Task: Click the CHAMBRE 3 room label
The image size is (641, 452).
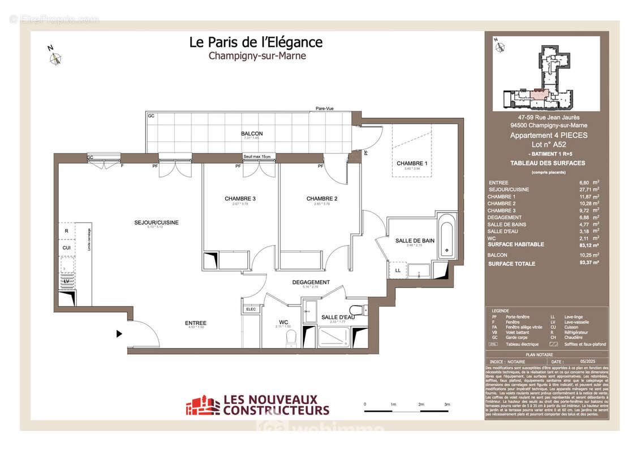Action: pos(240,198)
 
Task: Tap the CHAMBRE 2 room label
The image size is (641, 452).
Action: pos(322,198)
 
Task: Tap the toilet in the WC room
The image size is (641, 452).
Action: pos(291,337)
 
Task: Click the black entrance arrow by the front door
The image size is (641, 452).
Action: pos(119,334)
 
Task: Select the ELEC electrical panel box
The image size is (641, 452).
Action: pos(251,309)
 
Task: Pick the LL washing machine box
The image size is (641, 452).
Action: pos(398,271)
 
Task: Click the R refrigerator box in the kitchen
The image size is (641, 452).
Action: pos(66,231)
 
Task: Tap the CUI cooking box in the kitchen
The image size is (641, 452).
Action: pos(66,247)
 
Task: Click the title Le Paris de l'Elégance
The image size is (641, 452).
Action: pos(256,42)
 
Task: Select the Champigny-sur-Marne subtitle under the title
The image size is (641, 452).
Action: pos(257,56)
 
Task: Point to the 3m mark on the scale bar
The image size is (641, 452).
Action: pos(447,405)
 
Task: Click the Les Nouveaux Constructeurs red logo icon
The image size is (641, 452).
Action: pos(203,406)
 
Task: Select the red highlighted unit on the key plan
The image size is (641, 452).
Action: pos(540,94)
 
